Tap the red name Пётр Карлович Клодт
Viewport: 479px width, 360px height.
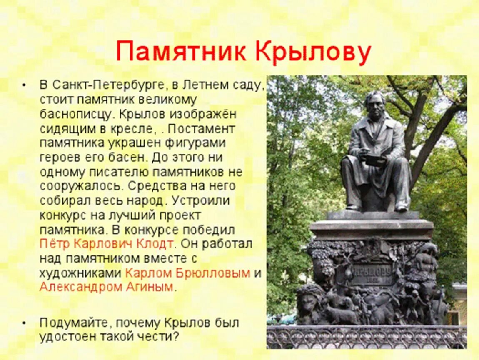tap(106, 243)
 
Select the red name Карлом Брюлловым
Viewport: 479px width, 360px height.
tap(188, 273)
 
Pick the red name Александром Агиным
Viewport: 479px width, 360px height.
tap(106, 287)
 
